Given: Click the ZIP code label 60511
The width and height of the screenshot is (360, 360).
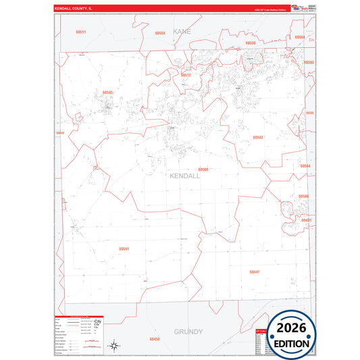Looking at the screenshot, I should click(81, 32).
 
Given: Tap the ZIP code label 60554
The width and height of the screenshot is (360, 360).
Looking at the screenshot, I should click(160, 33).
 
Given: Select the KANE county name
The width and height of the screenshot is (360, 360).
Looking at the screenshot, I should click(182, 32).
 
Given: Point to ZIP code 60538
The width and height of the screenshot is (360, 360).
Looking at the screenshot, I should click(251, 43).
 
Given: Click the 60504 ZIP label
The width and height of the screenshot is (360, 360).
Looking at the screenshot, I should click(300, 37).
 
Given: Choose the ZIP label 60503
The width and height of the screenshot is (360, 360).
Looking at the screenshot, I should click(308, 62).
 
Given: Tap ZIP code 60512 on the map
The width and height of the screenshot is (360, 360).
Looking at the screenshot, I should click(186, 75).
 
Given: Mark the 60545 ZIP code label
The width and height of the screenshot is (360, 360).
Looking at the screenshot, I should click(108, 93).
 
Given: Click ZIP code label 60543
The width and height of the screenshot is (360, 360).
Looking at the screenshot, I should click(258, 137).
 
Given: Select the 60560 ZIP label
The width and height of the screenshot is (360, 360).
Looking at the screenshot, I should click(203, 170).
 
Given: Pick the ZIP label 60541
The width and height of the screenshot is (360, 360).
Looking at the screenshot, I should click(124, 249).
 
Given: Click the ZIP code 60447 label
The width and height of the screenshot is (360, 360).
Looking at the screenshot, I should click(254, 272).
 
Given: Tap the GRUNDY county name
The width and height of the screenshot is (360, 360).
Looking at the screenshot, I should click(188, 332).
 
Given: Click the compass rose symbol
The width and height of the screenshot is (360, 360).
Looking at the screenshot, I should click(115, 345).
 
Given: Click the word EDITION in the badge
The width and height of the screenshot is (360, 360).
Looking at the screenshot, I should click(292, 343).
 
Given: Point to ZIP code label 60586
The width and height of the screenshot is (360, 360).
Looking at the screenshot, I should click(304, 196).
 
